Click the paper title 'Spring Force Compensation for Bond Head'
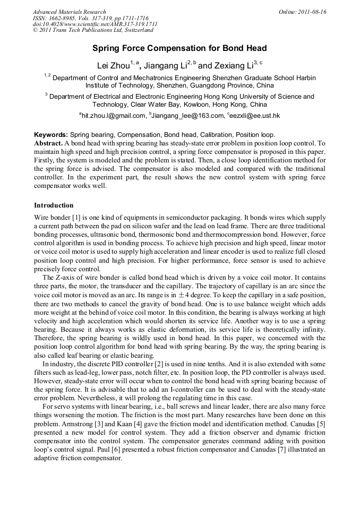(x=179, y=48)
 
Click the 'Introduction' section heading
(x=54, y=205)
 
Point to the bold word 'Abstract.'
(x=48, y=144)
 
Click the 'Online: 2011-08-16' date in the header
(x=302, y=12)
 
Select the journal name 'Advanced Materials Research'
(x=69, y=12)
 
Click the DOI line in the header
(x=95, y=24)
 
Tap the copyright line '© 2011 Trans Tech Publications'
(x=93, y=31)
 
